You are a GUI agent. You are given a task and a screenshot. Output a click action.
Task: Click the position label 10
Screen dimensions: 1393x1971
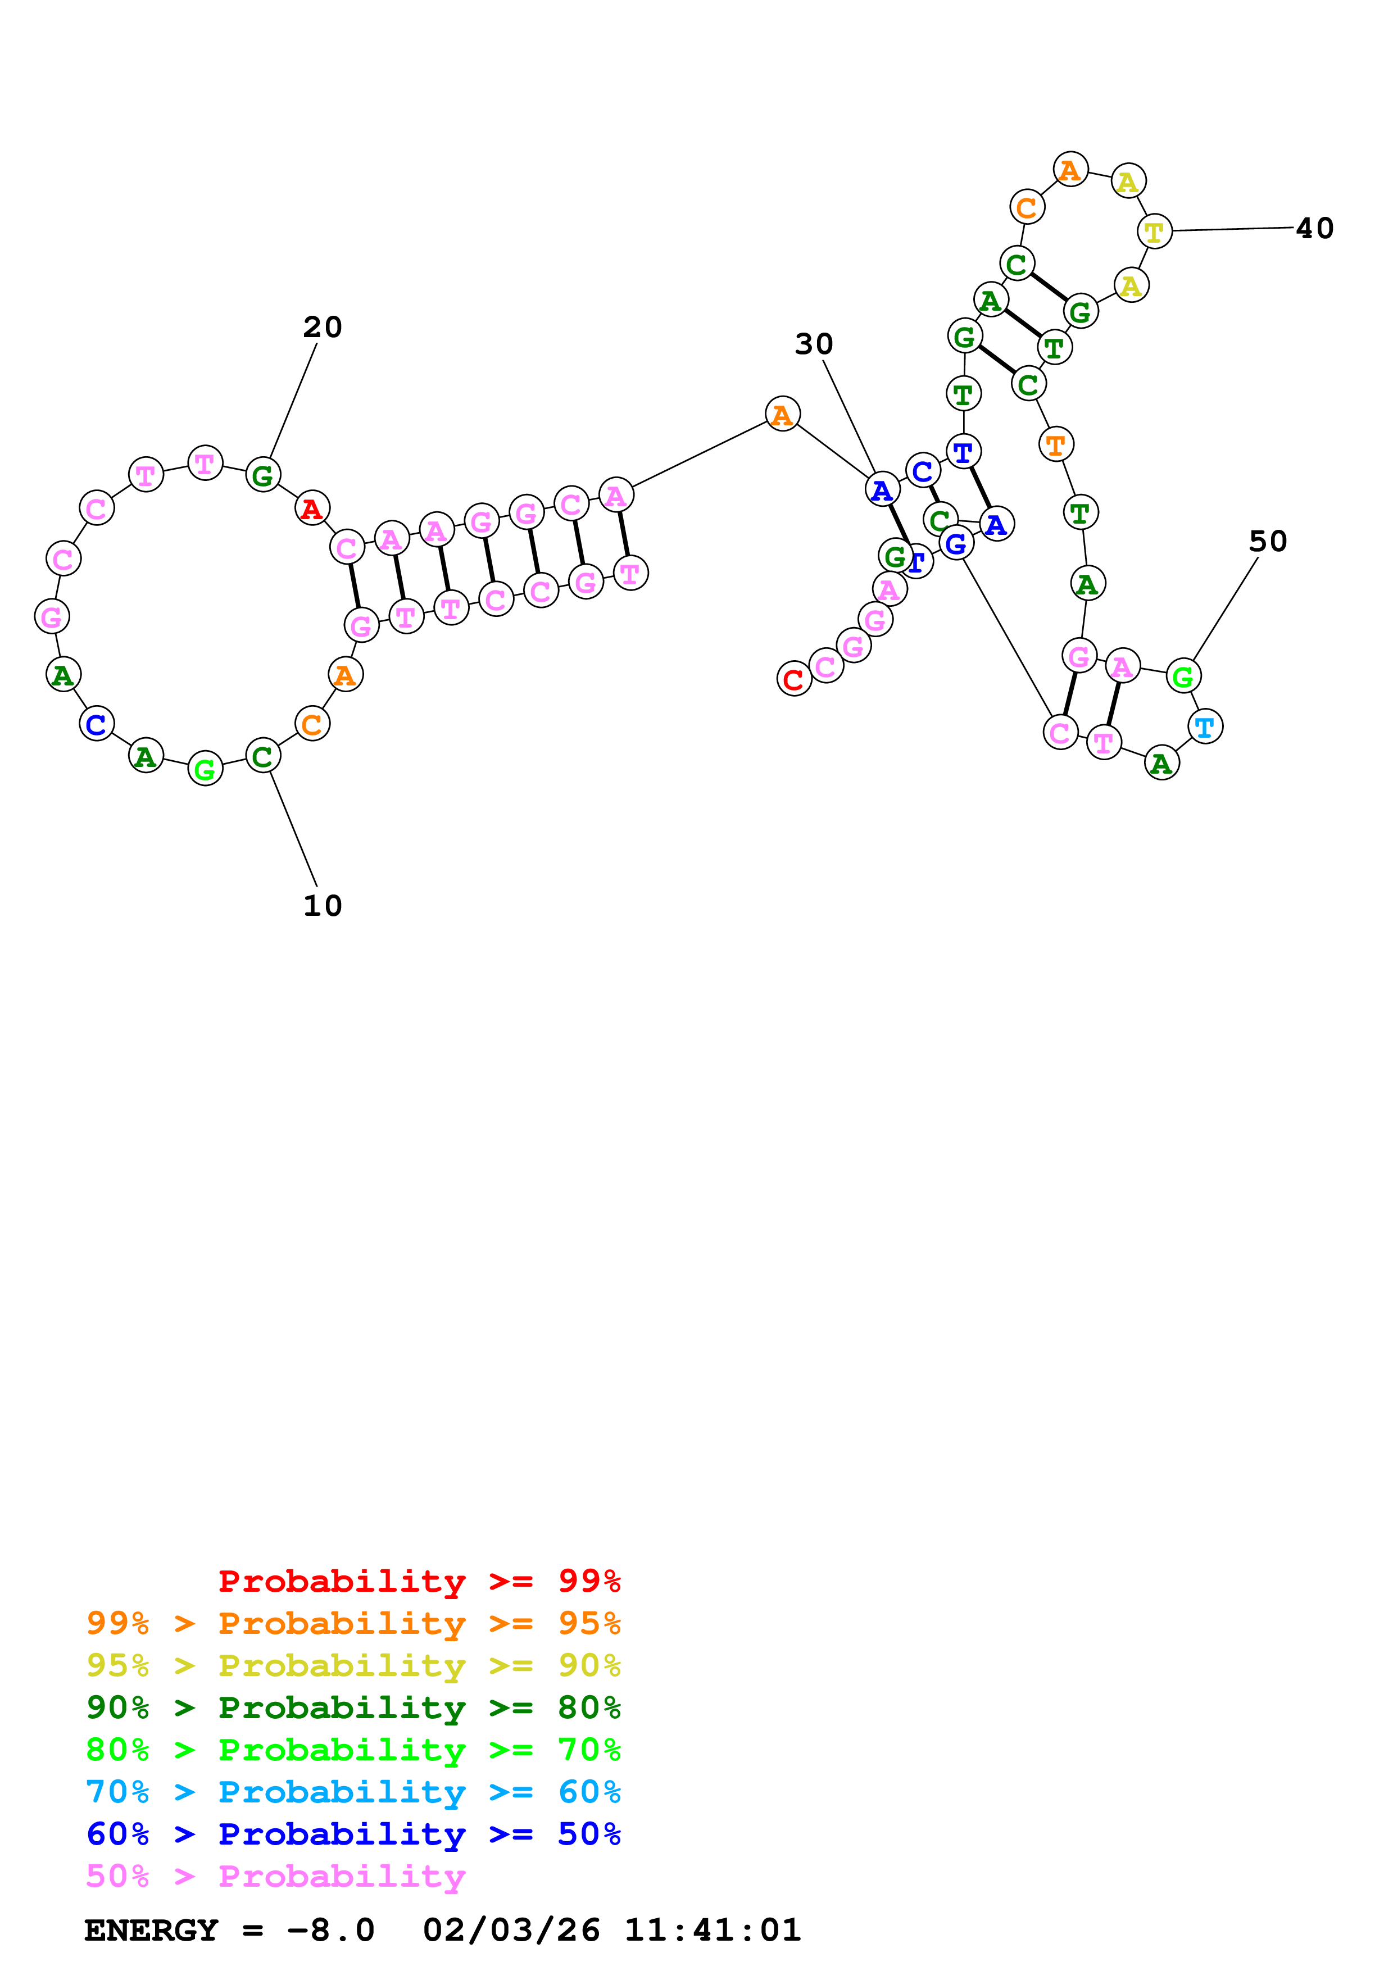pyautogui.click(x=323, y=906)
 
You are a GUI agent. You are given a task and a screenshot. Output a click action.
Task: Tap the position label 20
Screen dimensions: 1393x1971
pyautogui.click(x=323, y=327)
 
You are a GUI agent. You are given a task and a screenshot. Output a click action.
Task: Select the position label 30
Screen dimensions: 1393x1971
pyautogui.click(x=814, y=344)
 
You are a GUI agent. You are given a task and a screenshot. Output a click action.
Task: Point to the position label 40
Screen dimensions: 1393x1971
pyautogui.click(x=1314, y=228)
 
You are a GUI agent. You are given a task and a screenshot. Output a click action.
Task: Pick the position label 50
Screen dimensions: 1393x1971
pyautogui.click(x=1268, y=542)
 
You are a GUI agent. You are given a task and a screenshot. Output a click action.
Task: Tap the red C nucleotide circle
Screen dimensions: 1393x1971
pyautogui.click(x=794, y=679)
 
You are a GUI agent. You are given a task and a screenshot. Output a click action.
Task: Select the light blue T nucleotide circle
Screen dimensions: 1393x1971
pyautogui.click(x=1205, y=727)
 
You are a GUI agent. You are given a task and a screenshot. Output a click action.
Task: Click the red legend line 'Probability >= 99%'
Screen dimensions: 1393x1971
pyautogui.click(x=419, y=1581)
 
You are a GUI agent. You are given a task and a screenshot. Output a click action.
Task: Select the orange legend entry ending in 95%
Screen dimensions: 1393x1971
pyautogui.click(x=353, y=1623)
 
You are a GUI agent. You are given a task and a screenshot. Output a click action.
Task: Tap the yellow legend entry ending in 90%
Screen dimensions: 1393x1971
pyautogui.click(x=353, y=1665)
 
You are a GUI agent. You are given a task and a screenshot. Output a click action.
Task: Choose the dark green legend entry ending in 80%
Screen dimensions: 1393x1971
pyautogui.click(x=353, y=1707)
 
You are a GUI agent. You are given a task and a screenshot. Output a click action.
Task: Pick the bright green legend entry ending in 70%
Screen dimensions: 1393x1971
pyautogui.click(x=353, y=1750)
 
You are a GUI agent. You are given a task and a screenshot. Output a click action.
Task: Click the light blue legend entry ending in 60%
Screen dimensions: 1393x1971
pyautogui.click(x=353, y=1792)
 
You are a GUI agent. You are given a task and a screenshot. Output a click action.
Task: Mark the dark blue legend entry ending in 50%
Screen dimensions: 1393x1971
pyautogui.click(x=353, y=1834)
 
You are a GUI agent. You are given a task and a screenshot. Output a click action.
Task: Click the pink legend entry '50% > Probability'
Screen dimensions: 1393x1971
pyautogui.click(x=275, y=1875)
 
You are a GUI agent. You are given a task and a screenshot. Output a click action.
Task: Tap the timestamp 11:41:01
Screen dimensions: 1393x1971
pyautogui.click(x=713, y=1931)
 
